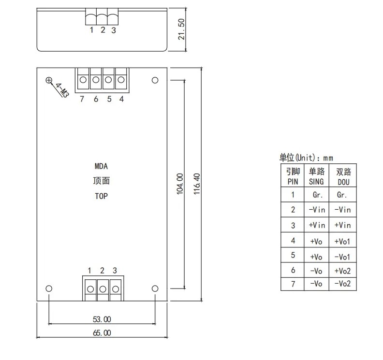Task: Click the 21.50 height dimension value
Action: click(181, 29)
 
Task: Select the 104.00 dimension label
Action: click(180, 184)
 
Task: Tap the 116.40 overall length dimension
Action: click(197, 184)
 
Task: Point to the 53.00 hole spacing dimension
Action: click(102, 319)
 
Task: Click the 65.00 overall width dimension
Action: click(102, 333)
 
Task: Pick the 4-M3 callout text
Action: click(62, 90)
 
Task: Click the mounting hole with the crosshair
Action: click(49, 80)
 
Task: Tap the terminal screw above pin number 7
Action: click(83, 80)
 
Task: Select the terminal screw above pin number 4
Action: click(121, 80)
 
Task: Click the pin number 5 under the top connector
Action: click(109, 99)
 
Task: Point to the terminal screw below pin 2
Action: click(103, 289)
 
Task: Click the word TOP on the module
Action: click(102, 196)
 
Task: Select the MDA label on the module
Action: click(101, 166)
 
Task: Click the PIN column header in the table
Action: click(293, 182)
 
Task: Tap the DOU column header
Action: click(344, 182)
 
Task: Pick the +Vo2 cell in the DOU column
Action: click(342, 271)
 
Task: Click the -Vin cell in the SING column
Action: click(317, 210)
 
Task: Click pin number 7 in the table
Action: click(293, 284)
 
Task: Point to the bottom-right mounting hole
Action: click(155, 288)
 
